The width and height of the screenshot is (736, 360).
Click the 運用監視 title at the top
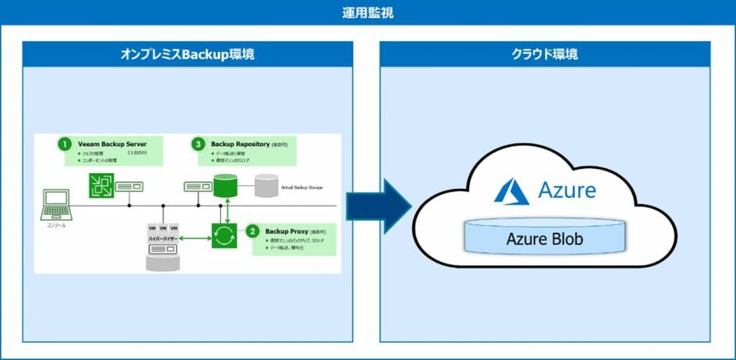click(x=367, y=12)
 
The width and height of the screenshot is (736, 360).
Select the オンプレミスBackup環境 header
click(x=187, y=55)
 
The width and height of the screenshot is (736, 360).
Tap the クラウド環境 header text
click(x=544, y=55)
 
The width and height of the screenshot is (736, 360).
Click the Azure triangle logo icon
click(x=512, y=191)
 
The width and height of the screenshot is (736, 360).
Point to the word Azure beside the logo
click(x=566, y=191)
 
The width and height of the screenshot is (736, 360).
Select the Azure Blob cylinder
click(x=544, y=238)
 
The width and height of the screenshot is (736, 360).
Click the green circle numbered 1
click(x=65, y=144)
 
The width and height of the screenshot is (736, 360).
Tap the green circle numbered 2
click(x=253, y=231)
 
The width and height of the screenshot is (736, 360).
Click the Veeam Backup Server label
click(x=112, y=144)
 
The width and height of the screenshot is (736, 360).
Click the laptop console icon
click(x=57, y=203)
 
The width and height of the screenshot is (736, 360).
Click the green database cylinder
click(x=226, y=186)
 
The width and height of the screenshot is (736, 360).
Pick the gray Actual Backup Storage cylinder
click(x=266, y=186)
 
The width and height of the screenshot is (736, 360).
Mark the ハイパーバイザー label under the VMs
click(x=163, y=236)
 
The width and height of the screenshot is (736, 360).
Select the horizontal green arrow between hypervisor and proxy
click(x=195, y=236)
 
